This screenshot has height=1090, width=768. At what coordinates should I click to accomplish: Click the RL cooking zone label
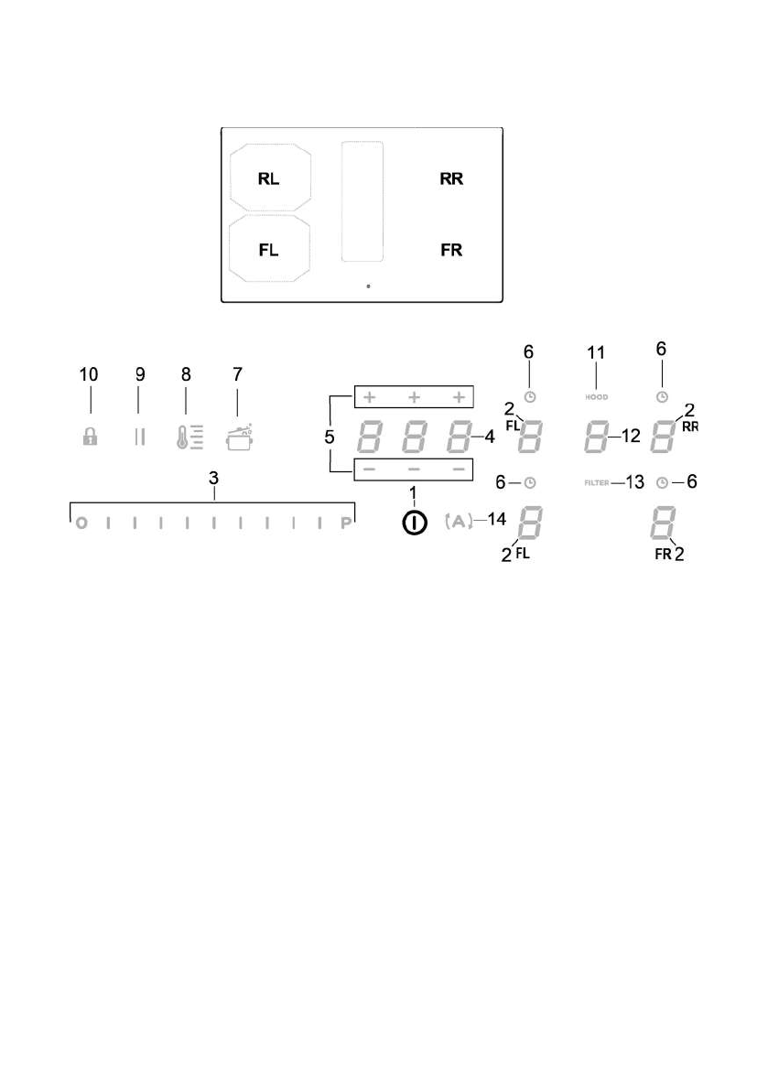(268, 179)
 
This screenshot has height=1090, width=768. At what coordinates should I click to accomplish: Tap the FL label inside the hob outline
(268, 250)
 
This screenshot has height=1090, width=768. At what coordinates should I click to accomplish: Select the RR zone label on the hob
(451, 179)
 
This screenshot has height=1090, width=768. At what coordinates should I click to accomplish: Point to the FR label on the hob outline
(451, 250)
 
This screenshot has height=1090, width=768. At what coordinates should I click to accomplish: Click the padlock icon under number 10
(90, 437)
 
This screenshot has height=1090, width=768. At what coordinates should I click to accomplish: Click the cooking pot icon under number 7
(238, 436)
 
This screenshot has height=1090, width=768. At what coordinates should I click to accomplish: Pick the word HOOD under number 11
(596, 397)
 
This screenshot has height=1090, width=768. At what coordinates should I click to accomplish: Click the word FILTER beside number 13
(596, 481)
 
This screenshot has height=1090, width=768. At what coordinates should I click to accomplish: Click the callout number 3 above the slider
(212, 478)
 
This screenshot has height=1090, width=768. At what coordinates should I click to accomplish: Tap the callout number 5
(330, 437)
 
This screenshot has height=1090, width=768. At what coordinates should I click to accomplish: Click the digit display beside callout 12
(596, 437)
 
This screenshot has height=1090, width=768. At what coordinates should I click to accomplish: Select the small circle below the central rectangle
(368, 286)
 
